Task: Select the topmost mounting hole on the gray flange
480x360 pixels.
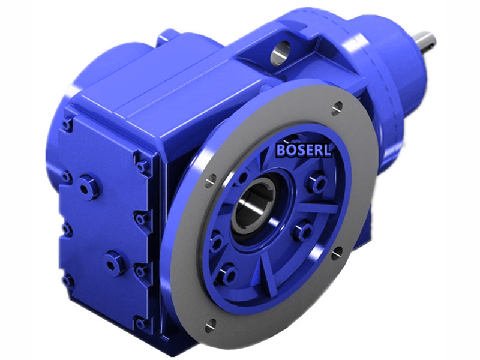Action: pos(337,108)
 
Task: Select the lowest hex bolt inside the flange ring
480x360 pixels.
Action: pos(226,274)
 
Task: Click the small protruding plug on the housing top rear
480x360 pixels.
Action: pos(164,40)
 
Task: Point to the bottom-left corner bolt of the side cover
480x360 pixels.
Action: pos(68,280)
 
